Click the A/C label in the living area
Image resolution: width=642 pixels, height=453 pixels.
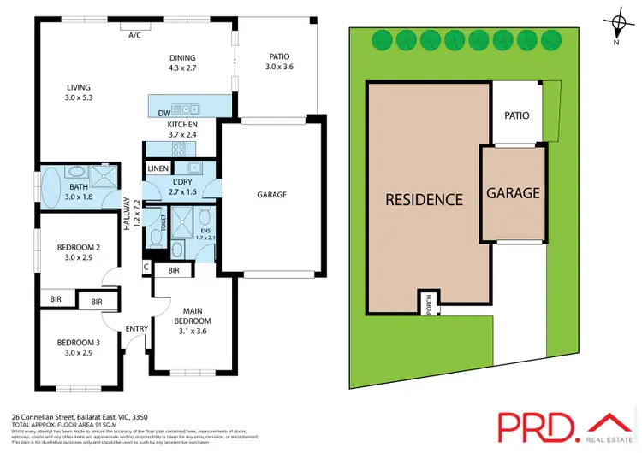(134, 36)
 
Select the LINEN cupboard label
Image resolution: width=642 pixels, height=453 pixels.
(158, 168)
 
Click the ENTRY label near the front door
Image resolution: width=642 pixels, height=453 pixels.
(137, 328)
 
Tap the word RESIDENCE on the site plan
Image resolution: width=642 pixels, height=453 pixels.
(424, 200)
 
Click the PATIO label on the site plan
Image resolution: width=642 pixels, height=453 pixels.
(516, 115)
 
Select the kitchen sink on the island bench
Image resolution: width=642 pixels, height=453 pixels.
(186, 109)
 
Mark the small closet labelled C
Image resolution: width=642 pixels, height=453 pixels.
(147, 268)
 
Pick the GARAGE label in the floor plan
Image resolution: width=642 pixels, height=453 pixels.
(270, 195)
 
